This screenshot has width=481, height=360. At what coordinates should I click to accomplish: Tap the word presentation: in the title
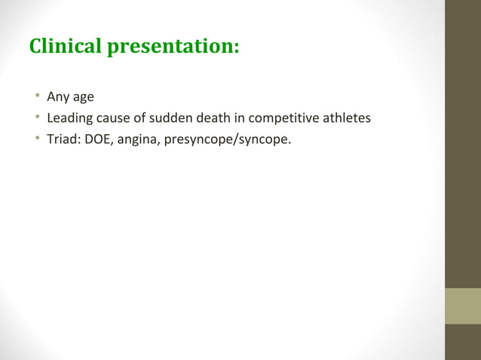[x=173, y=47]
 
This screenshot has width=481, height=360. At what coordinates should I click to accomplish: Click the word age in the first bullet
[x=83, y=97]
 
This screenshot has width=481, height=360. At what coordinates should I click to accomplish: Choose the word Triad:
[x=63, y=139]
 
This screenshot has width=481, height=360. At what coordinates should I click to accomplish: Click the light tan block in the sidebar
[x=463, y=306]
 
